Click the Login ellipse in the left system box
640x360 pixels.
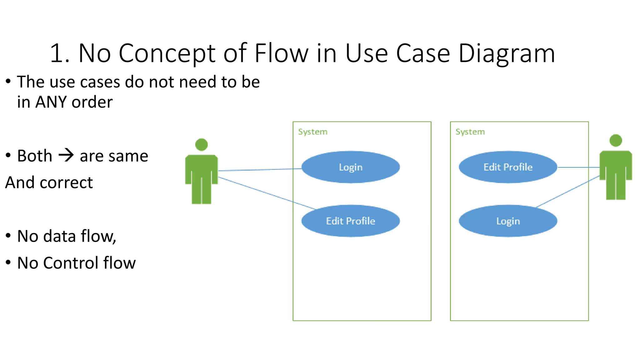(x=351, y=167)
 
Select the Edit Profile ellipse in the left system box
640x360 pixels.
(x=351, y=221)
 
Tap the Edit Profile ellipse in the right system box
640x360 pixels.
(x=508, y=167)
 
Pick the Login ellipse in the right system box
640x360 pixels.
(x=508, y=221)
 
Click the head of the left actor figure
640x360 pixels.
(x=202, y=144)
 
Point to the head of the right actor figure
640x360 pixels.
(x=616, y=140)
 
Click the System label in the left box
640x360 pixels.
(x=312, y=132)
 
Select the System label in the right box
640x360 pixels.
(x=470, y=132)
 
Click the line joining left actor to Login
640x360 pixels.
(x=259, y=170)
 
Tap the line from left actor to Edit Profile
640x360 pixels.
(x=266, y=193)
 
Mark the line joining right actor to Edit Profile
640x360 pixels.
(x=578, y=167)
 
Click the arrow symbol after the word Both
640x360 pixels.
(x=66, y=155)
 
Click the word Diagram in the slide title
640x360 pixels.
(x=507, y=53)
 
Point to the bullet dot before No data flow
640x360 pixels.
(x=8, y=236)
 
